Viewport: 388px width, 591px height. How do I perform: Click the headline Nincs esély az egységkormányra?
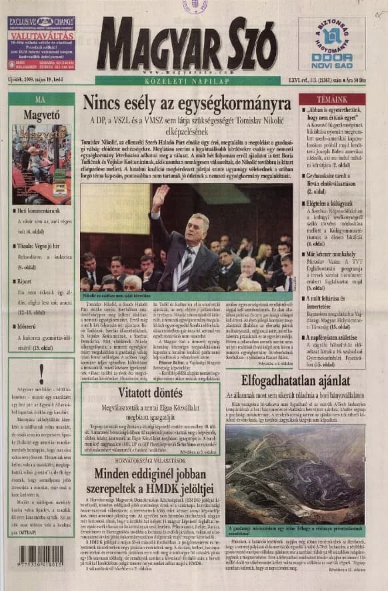[187, 103]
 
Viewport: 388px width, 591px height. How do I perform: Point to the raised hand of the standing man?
[160, 197]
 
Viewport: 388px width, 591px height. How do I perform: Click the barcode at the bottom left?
[42, 556]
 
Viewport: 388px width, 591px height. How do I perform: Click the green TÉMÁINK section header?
[331, 99]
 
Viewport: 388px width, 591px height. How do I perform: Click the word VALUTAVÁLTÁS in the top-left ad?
[41, 38]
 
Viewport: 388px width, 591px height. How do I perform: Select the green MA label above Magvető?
[41, 99]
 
